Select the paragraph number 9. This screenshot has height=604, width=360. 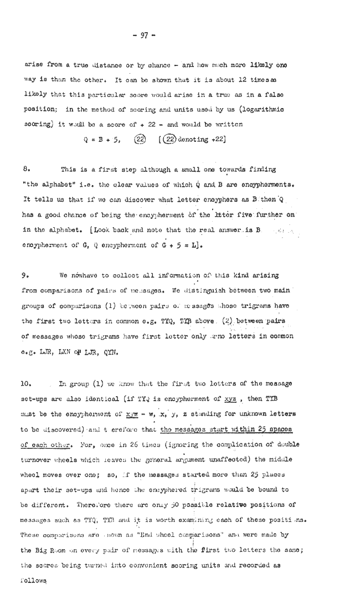25,275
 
